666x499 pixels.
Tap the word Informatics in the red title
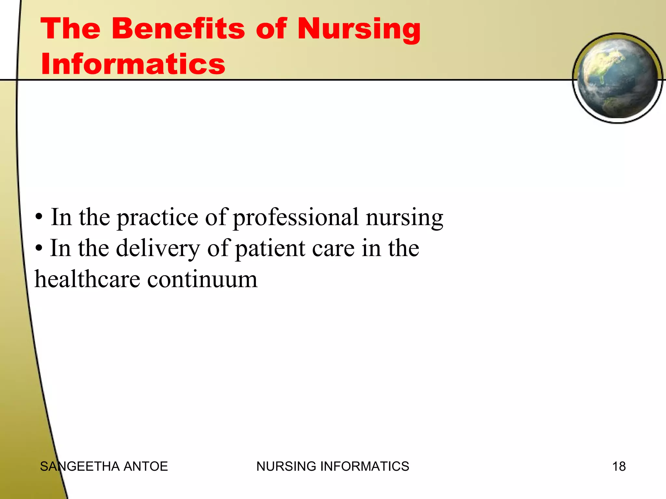133,64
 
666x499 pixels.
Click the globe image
618,78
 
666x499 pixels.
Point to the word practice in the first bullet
157,218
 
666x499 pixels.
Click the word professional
296,218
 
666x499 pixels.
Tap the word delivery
158,249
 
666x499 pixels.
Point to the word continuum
202,279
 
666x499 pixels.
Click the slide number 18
619,467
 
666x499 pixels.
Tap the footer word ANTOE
146,467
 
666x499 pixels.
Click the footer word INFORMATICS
365,467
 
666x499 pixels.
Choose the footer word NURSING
286,467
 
